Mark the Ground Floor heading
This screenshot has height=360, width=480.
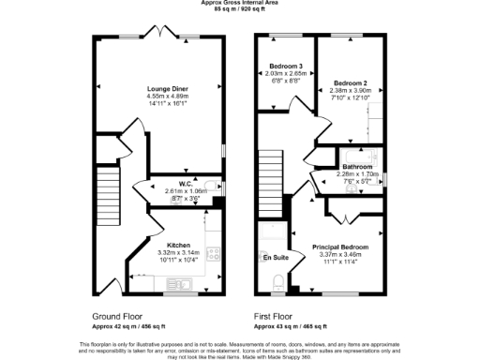coord(118,317)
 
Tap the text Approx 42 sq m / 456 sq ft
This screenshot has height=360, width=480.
coord(129,326)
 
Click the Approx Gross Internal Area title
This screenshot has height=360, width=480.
coord(239,3)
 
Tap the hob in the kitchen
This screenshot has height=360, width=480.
coord(214,252)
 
